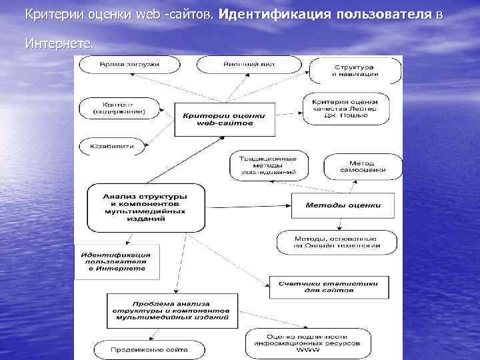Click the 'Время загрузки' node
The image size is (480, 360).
coord(129,65)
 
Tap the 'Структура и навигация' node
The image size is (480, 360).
coord(354,70)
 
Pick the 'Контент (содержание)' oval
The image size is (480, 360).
coord(119,108)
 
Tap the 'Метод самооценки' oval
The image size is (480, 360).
coord(363,167)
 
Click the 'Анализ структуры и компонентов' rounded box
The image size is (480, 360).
coord(145,207)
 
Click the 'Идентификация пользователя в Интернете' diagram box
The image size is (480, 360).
coord(116,261)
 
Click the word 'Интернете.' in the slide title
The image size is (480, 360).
coord(59,44)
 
